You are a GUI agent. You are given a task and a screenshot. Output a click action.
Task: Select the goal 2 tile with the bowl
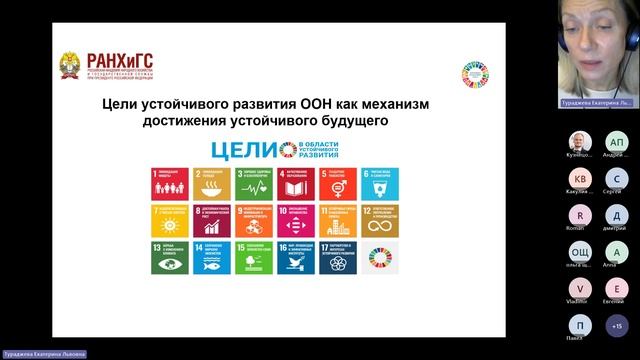(x=210, y=184)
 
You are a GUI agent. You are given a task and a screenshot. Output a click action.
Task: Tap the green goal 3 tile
(x=253, y=184)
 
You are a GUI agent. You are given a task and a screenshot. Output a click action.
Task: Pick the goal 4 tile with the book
(x=296, y=184)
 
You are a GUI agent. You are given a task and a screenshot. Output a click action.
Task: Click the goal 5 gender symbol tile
(x=338, y=184)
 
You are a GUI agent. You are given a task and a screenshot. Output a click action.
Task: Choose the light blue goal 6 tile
(x=380, y=184)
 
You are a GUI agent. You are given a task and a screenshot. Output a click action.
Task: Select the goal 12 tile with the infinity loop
(x=380, y=221)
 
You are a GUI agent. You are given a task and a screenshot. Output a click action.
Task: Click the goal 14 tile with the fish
(x=210, y=258)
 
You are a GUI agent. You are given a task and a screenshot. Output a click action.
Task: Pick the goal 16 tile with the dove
(x=296, y=258)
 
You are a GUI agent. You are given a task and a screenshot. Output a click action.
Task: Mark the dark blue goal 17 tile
(x=338, y=258)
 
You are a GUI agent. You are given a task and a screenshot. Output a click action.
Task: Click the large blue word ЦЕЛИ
(x=238, y=151)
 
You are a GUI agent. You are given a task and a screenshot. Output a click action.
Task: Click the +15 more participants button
(x=617, y=325)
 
